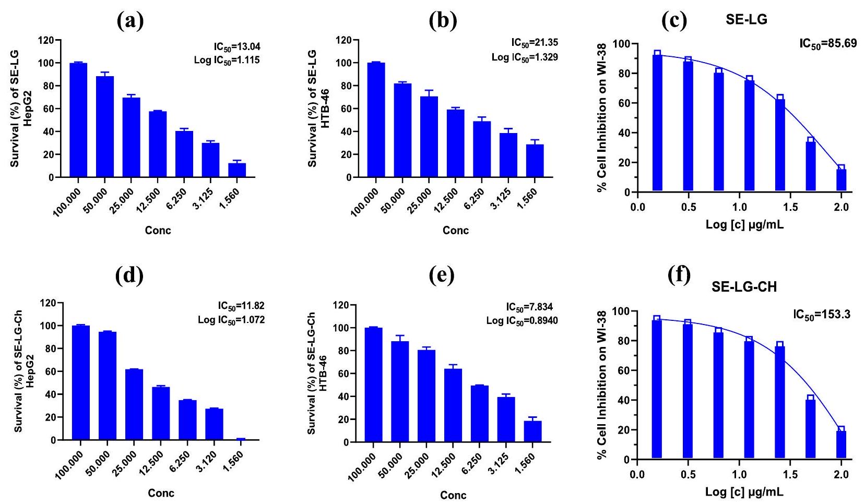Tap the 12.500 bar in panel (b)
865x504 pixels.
456,143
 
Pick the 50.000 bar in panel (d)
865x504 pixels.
107,386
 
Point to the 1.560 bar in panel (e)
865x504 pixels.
533,431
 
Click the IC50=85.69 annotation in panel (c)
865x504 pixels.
828,43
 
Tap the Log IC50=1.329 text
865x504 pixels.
525,57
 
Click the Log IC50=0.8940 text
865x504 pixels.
522,320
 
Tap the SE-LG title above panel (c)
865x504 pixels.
746,20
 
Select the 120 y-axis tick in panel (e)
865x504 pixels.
342,305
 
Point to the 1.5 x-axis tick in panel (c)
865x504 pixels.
790,207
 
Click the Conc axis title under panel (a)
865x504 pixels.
158,231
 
